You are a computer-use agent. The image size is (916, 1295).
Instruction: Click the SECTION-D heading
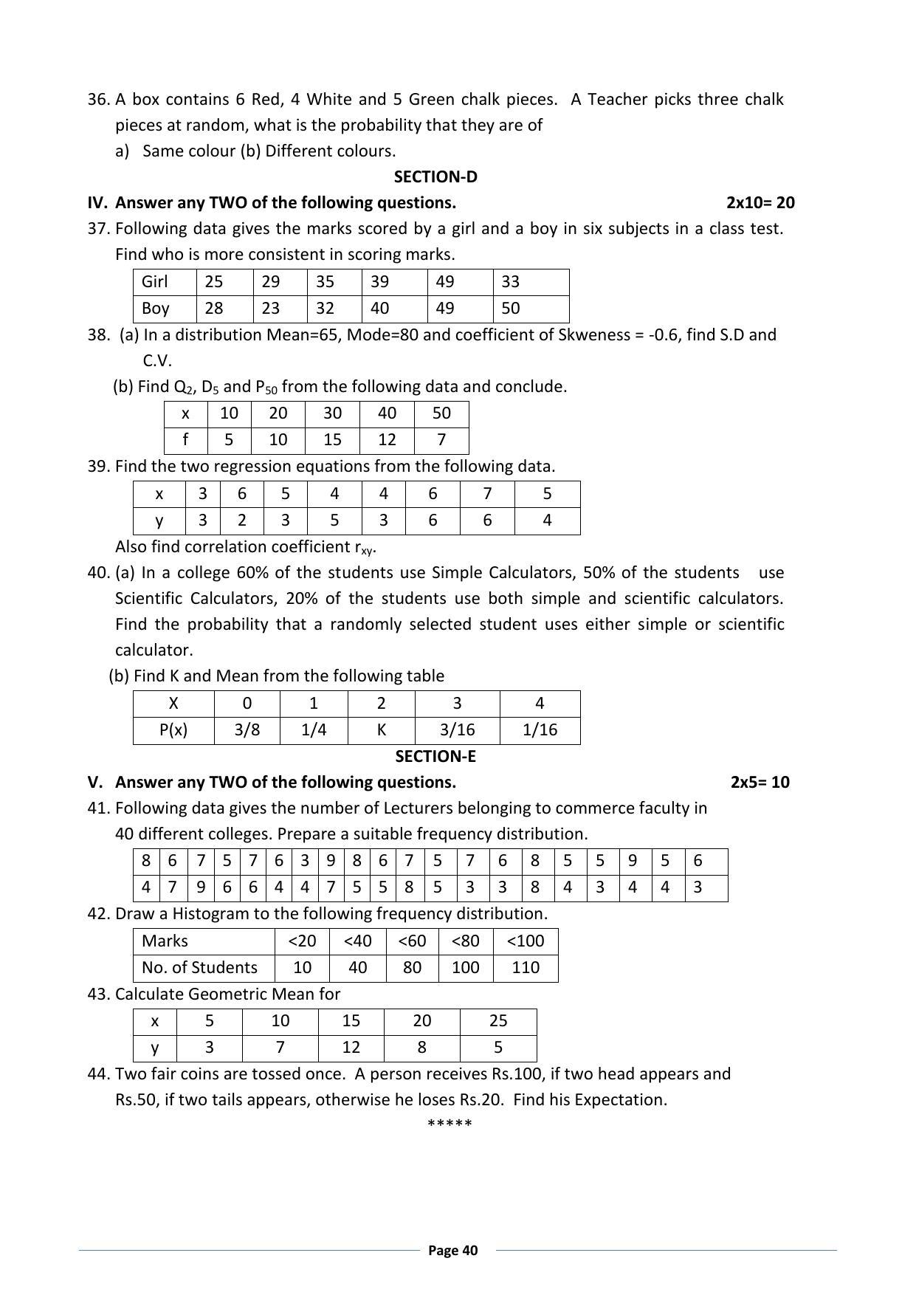[x=435, y=177]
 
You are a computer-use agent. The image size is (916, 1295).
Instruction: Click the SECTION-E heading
[x=435, y=757]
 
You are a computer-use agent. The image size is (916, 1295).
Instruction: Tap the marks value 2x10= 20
[x=760, y=203]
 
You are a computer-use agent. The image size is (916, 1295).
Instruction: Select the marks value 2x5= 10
[x=760, y=783]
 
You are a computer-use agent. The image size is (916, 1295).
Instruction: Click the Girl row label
[x=155, y=282]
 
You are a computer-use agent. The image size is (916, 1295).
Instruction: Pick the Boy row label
[x=155, y=309]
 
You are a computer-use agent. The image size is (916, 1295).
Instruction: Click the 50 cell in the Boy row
[x=511, y=309]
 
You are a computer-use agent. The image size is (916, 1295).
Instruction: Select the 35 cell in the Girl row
[x=325, y=282]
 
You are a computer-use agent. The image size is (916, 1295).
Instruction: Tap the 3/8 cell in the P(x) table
[x=247, y=730]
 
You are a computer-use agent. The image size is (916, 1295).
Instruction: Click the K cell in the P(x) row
[x=382, y=730]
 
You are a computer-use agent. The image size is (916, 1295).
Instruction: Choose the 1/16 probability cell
[x=540, y=730]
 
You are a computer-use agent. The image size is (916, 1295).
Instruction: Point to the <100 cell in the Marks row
[x=526, y=941]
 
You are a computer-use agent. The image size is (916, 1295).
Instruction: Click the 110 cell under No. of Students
[x=526, y=968]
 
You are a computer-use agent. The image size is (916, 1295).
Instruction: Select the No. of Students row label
[x=200, y=968]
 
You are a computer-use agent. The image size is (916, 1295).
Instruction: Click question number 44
[x=98, y=1074]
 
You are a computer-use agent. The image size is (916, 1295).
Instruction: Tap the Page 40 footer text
[x=453, y=1251]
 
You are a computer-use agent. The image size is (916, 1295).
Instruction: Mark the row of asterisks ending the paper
[x=450, y=1124]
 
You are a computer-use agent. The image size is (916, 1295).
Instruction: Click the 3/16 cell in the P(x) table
[x=457, y=730]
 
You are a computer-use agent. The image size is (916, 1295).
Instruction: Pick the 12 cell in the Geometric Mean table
[x=351, y=1048]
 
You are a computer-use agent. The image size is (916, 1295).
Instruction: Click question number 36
[x=98, y=100]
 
